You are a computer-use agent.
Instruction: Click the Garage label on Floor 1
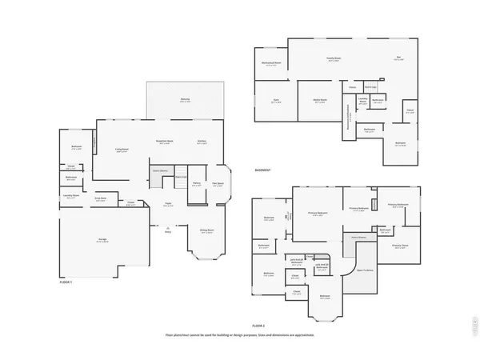(102, 241)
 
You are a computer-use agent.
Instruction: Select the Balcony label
(185, 100)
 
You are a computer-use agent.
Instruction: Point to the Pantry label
(196, 184)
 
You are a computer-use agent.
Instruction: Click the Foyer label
(169, 204)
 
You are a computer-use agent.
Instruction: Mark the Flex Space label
(217, 184)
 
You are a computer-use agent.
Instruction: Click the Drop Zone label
(101, 200)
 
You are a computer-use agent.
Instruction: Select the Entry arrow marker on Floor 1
(168, 230)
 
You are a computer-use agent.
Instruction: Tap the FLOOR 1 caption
(66, 282)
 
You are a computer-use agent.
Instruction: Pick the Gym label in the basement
(275, 101)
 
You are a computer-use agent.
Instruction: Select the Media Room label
(319, 101)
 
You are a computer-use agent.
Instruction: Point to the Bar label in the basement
(398, 58)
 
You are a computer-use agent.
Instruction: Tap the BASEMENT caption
(262, 170)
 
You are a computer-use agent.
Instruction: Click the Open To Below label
(364, 270)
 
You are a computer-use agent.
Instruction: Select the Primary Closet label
(400, 246)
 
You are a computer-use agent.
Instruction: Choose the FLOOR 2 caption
(258, 326)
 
